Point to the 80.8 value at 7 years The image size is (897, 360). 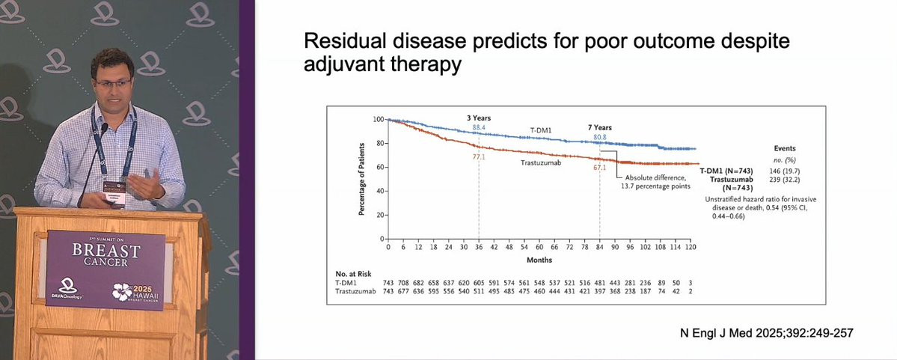(599, 137)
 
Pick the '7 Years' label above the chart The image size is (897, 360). (599, 128)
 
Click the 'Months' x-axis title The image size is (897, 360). (539, 260)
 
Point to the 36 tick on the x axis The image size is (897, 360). (478, 246)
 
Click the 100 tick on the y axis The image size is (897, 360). (378, 120)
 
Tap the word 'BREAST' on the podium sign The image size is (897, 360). (105, 250)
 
